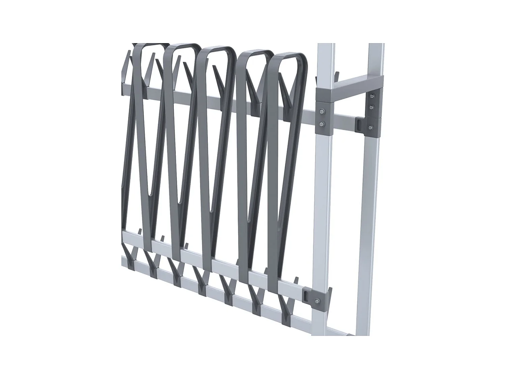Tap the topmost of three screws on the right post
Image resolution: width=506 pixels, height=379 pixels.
[372, 96]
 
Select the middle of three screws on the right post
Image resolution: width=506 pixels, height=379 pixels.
[371, 107]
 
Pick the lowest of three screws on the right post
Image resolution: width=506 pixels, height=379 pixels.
[371, 127]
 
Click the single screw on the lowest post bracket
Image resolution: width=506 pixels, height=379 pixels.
[317, 301]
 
